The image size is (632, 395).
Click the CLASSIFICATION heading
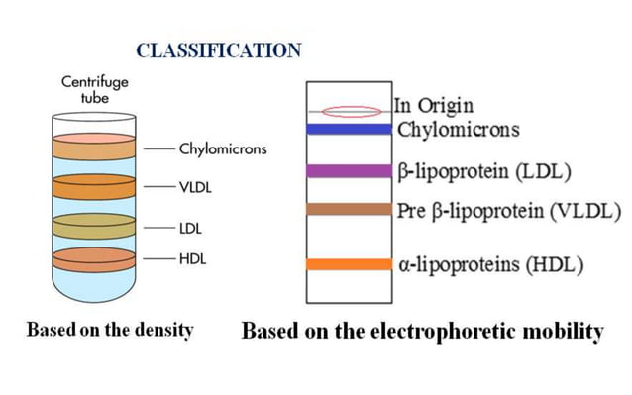pos(218,51)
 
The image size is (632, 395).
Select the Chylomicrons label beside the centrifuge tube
pos(222,149)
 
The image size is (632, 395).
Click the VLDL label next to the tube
pos(195,186)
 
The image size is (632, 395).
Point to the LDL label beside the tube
pos(190,227)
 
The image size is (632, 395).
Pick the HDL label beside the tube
pos(191,259)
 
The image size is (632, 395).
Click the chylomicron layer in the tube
pos(86,148)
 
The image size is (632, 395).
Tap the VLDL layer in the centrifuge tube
pos(86,186)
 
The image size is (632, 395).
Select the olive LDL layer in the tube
pos(86,226)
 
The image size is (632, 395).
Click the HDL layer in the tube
pos(86,260)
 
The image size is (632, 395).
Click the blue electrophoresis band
pos(350,129)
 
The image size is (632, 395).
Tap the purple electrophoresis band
pos(350,171)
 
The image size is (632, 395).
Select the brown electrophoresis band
pos(350,209)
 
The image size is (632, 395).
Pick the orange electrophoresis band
pos(350,264)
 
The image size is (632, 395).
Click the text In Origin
pos(433,105)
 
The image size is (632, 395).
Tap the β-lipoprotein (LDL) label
pos(483,171)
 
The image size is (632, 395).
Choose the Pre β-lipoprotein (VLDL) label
pos(508,210)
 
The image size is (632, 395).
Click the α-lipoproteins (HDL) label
pos(489,265)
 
